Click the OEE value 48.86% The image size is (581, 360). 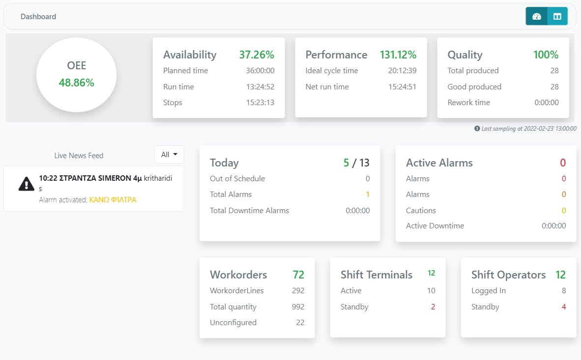tap(77, 83)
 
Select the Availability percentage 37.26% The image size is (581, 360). tap(257, 55)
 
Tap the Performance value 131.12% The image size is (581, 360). tap(398, 55)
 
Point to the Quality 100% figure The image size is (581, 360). tap(546, 55)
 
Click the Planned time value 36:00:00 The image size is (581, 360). tap(260, 71)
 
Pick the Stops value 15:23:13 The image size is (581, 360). tap(260, 103)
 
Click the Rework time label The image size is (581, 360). tap(468, 103)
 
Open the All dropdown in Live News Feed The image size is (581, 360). tap(169, 155)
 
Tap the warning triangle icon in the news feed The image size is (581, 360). tap(26, 183)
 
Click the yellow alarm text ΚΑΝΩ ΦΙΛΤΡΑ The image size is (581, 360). tap(113, 200)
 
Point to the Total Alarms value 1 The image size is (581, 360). tap(367, 194)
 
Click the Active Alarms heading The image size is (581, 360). tap(439, 163)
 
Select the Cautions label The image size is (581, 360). tap(421, 211)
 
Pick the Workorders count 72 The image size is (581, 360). tap(298, 275)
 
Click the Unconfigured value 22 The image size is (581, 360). tap(300, 323)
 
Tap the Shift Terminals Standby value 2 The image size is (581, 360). tap(433, 307)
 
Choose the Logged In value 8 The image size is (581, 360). tap(564, 291)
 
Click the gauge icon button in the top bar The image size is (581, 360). tap(536, 16)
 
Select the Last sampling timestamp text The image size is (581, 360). tap(528, 128)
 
